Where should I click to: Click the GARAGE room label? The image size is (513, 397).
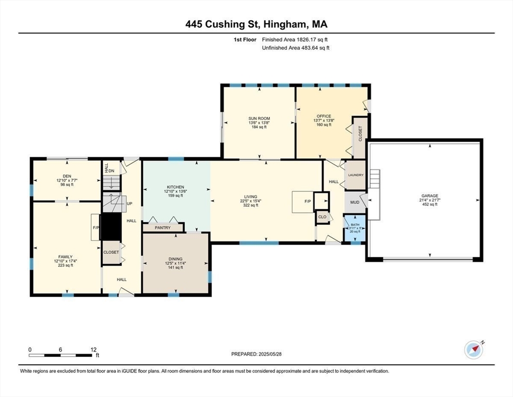(429, 196)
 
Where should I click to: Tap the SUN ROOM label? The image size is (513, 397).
(259, 118)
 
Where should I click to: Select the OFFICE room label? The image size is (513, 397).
(324, 116)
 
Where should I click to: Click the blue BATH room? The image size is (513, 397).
(355, 228)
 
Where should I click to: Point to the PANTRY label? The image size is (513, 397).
(163, 227)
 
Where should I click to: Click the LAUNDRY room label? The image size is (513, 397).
(356, 175)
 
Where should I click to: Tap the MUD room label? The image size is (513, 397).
(355, 202)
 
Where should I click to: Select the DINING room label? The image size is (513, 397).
(175, 259)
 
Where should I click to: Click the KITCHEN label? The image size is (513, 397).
(175, 187)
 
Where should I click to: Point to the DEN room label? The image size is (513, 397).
(67, 176)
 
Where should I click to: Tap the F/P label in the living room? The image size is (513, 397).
(308, 202)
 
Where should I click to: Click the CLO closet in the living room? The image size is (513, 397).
(323, 217)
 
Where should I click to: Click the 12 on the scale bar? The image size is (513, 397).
(93, 349)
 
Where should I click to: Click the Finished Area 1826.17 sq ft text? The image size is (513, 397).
(296, 39)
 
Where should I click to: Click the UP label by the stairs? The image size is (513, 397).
(130, 204)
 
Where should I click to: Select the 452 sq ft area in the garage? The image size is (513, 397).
(429, 205)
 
